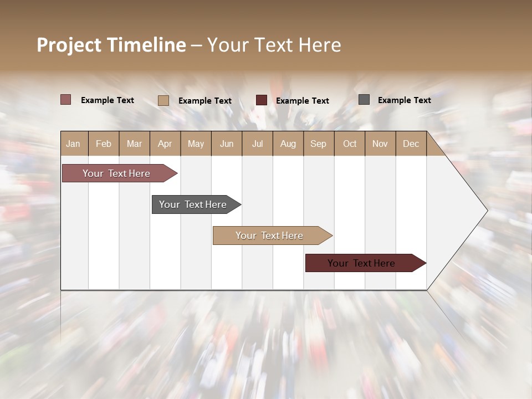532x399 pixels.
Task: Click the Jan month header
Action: point(73,144)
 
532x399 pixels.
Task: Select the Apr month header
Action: point(165,144)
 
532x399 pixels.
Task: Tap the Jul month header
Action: point(257,144)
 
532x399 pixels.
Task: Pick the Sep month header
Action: point(318,144)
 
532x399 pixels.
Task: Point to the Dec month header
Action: point(411,144)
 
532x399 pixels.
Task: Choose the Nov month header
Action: point(380,144)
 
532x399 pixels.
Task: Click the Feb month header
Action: point(104,144)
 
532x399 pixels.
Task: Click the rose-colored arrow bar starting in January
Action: point(116,173)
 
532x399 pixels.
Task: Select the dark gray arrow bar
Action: point(193,204)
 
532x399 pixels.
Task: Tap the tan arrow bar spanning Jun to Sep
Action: point(269,236)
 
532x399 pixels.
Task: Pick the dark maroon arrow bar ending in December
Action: point(361,263)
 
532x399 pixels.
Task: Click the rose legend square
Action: point(66,100)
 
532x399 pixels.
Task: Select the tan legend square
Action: point(163,100)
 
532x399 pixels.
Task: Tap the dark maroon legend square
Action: point(262,100)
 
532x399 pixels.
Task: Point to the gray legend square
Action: point(364,100)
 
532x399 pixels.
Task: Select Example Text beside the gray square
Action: point(404,100)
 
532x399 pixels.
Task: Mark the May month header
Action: point(196,144)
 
